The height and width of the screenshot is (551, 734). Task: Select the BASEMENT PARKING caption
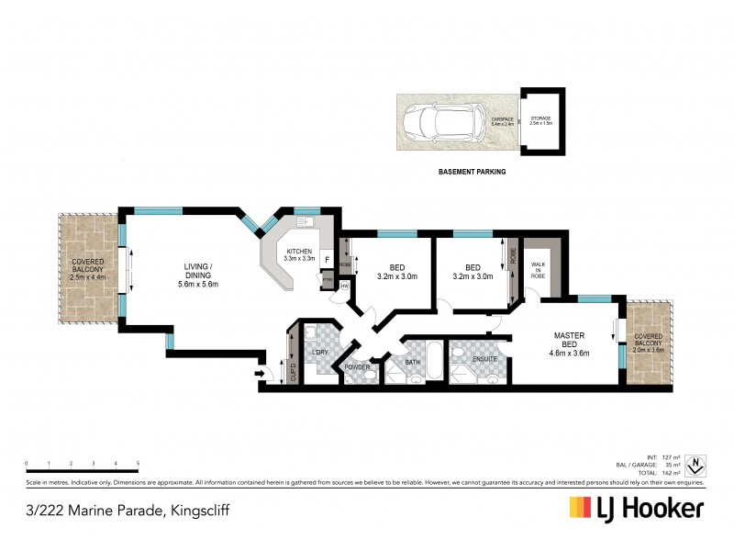pyautogui.click(x=473, y=171)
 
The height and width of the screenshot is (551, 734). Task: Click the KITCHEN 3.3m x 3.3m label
pyautogui.click(x=298, y=255)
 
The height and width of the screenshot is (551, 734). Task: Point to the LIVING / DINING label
pyautogui.click(x=199, y=275)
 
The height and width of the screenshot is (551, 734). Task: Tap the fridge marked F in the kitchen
pyautogui.click(x=326, y=260)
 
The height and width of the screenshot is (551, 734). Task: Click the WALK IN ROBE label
pyautogui.click(x=539, y=270)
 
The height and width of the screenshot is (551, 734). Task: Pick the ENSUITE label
pyautogui.click(x=484, y=360)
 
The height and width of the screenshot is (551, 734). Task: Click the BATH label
pyautogui.click(x=413, y=361)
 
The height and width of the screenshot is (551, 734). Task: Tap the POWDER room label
pyautogui.click(x=356, y=367)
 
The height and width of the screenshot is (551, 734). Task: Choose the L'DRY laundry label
pyautogui.click(x=321, y=353)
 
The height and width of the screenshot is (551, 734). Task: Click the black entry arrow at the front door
pyautogui.click(x=263, y=374)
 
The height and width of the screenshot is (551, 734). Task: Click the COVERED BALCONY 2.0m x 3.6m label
pyautogui.click(x=651, y=343)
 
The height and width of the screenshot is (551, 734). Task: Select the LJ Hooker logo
pyautogui.click(x=637, y=508)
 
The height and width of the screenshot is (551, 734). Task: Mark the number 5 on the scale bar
pyautogui.click(x=138, y=463)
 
